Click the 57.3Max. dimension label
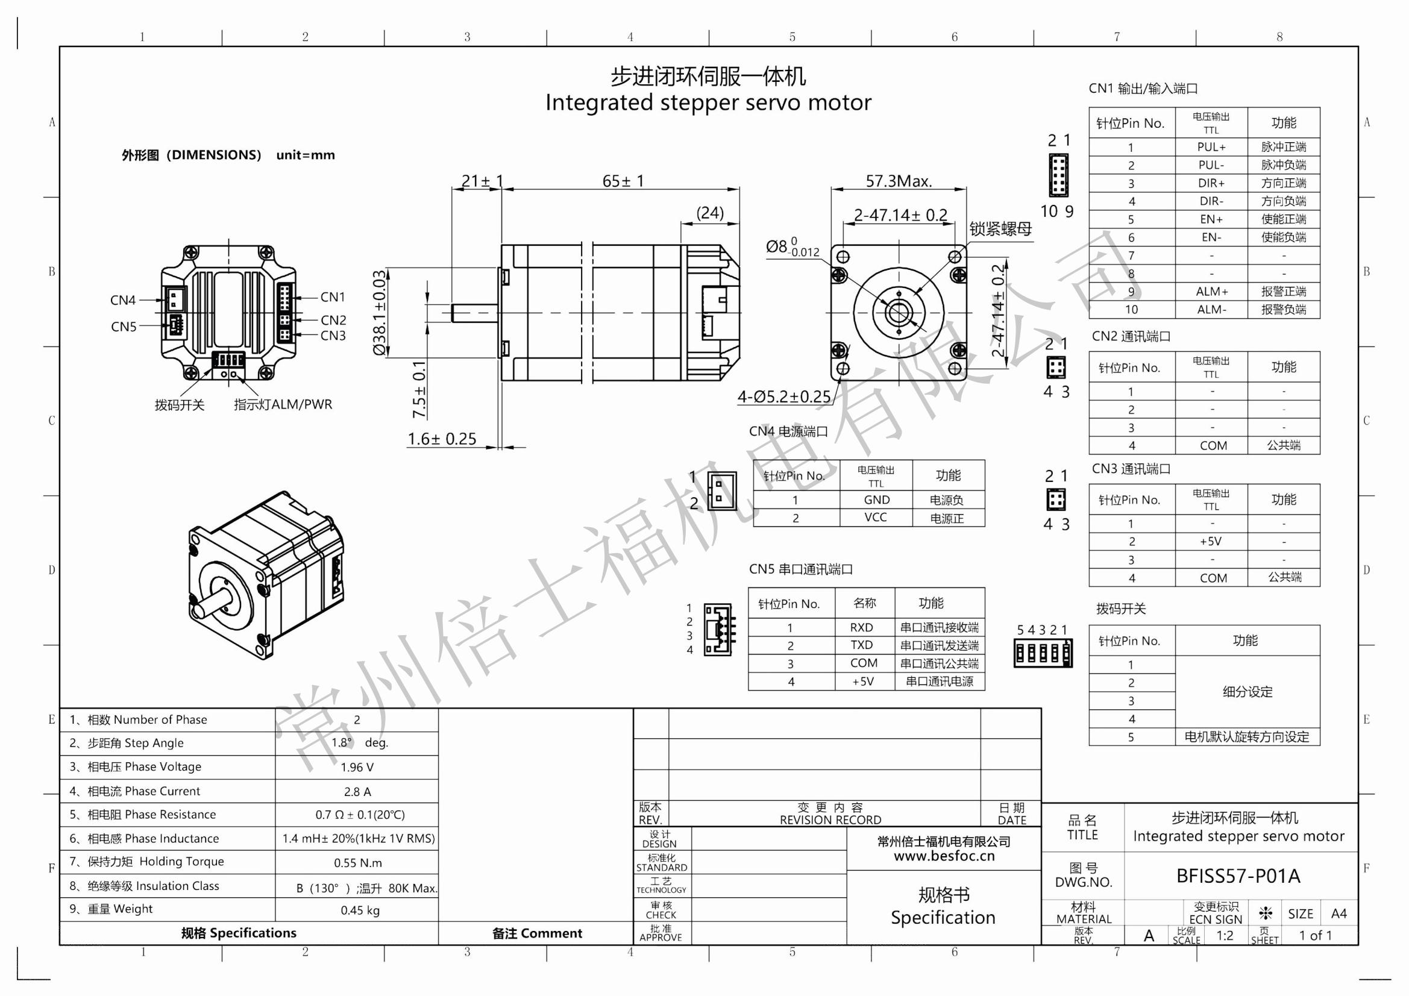pos(899,181)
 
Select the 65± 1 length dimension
pos(623,181)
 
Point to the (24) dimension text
pos(710,213)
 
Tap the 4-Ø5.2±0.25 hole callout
pos(784,397)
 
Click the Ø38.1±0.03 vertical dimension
pos(380,312)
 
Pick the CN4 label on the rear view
pos(123,300)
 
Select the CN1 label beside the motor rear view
pos(333,297)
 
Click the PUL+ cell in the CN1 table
pos(1211,147)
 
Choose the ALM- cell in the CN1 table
pos(1211,310)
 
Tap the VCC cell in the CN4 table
pos(876,518)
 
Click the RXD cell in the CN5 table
pos(862,627)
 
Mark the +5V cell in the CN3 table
pos(1211,541)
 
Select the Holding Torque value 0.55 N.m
pos(358,863)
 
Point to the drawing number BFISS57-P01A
pos(1238,875)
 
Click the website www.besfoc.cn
pos(944,856)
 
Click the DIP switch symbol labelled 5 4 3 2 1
pos(1043,653)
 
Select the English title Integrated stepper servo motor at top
pos(708,102)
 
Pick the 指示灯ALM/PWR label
pos(283,404)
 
